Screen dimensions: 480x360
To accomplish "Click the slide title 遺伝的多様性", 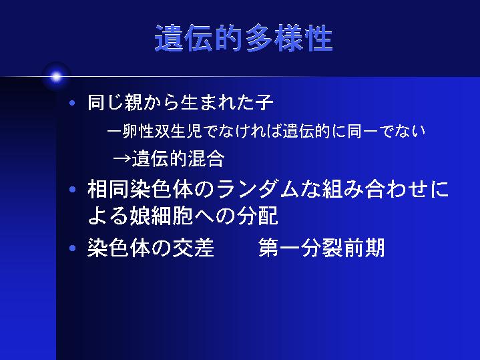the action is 244,38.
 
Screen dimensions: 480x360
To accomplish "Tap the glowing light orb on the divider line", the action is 56,77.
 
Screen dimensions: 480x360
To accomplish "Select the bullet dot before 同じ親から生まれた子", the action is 72,103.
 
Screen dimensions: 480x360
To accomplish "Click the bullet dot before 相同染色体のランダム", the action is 72,189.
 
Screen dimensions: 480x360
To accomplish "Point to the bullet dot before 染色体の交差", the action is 72,248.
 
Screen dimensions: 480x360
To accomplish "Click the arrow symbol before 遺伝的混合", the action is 122,159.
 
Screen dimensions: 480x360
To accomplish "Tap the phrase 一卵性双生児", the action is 154,132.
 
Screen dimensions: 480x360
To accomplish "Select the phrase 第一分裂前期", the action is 321,248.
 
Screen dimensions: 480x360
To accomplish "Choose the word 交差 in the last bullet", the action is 193,248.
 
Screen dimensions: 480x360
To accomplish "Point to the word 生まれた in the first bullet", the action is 217,102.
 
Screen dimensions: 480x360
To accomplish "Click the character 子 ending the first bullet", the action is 264,102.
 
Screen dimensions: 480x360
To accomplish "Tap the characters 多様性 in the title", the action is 289,38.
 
